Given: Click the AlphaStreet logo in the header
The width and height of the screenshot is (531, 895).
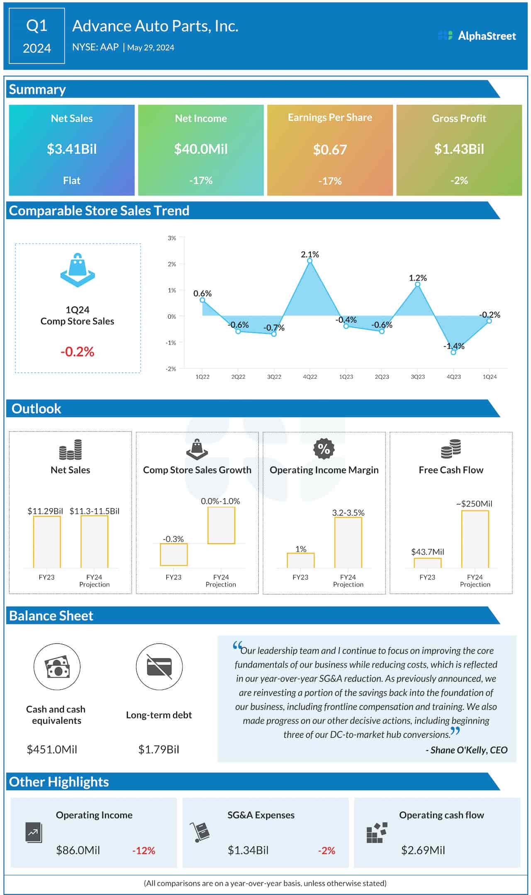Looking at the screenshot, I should coord(477,36).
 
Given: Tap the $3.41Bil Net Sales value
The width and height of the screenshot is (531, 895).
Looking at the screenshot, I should coord(72,149).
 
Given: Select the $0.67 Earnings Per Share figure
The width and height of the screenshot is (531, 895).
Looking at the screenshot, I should coord(330,149).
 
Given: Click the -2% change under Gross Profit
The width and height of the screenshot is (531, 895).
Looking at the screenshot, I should coord(459,181).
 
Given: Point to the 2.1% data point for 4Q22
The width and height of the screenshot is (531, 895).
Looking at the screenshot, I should coord(310,261).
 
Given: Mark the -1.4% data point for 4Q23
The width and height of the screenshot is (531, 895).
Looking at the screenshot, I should coord(453,352).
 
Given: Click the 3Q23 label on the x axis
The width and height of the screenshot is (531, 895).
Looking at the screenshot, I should coord(418,377).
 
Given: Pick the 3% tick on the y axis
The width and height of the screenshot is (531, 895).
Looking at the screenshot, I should coord(172,238).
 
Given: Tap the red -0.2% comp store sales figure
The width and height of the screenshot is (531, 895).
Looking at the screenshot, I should coord(78,352).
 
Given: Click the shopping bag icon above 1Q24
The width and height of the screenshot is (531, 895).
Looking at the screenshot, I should coord(78,270).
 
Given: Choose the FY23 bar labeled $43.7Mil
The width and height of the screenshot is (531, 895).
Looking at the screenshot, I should coord(427,563).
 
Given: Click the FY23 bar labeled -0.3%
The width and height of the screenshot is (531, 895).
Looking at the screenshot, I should coord(173,554).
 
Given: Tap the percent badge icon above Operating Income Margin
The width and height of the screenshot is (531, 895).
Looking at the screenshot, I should coord(324,449).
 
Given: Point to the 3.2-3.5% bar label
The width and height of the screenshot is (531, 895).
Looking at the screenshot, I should coord(348,513).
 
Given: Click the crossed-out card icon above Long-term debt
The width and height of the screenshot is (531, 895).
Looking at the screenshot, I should coord(159,667).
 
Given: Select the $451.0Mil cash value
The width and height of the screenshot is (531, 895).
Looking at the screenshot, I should coord(52,749).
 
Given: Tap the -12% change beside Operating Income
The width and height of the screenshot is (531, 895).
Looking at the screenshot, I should coord(144,851).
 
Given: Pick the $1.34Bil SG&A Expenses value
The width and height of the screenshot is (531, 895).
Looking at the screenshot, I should coord(248,850).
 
